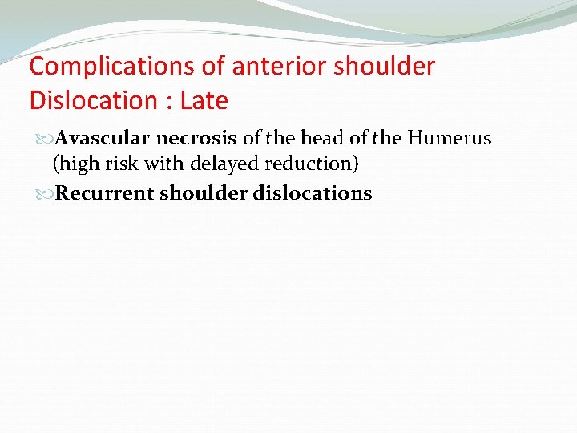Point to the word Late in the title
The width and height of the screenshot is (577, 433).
tap(204, 101)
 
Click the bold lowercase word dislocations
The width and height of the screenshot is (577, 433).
tap(313, 193)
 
